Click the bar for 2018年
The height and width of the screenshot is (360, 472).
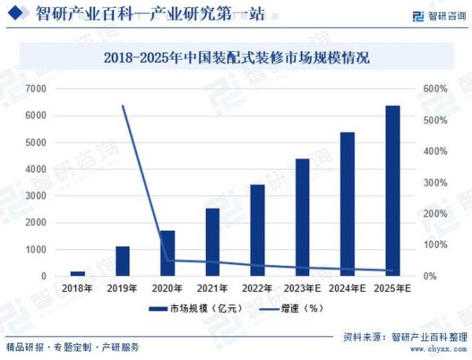click(77, 274)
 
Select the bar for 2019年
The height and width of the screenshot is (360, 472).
click(122, 261)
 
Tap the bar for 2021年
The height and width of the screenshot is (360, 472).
click(212, 242)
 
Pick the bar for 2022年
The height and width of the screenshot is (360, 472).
click(257, 230)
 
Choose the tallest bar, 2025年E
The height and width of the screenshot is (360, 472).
click(393, 191)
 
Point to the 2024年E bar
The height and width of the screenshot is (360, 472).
click(347, 204)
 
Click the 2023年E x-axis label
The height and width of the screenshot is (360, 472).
click(302, 289)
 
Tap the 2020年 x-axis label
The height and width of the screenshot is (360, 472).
click(167, 289)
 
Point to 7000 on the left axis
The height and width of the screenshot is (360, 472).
click(35, 89)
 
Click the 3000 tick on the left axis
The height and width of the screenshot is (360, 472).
click(35, 196)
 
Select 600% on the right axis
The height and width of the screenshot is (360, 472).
click(434, 89)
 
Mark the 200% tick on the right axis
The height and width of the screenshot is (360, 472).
click(434, 214)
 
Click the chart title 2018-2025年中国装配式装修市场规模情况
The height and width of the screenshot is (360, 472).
click(236, 57)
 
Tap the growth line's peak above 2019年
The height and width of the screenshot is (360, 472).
click(123, 105)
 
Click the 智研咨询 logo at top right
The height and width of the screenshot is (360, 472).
click(439, 15)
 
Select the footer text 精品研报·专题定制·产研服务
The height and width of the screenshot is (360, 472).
click(72, 347)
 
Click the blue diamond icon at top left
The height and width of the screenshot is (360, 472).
click(17, 13)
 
